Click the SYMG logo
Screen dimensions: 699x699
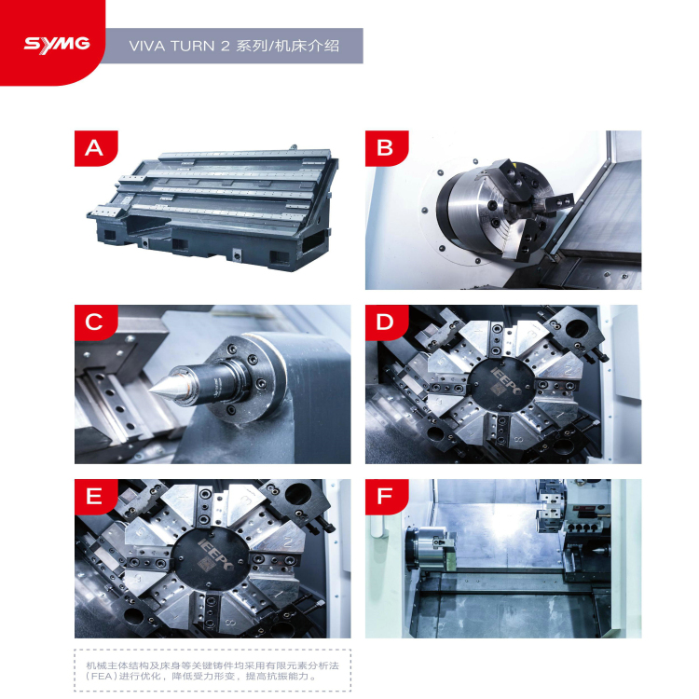57,45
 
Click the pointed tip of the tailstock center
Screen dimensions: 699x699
149,391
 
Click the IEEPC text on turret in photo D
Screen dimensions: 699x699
506,381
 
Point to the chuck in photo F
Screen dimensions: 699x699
431,548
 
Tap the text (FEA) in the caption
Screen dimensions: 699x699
101,677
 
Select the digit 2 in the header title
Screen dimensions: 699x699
225,46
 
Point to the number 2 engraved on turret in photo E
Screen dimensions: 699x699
288,542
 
